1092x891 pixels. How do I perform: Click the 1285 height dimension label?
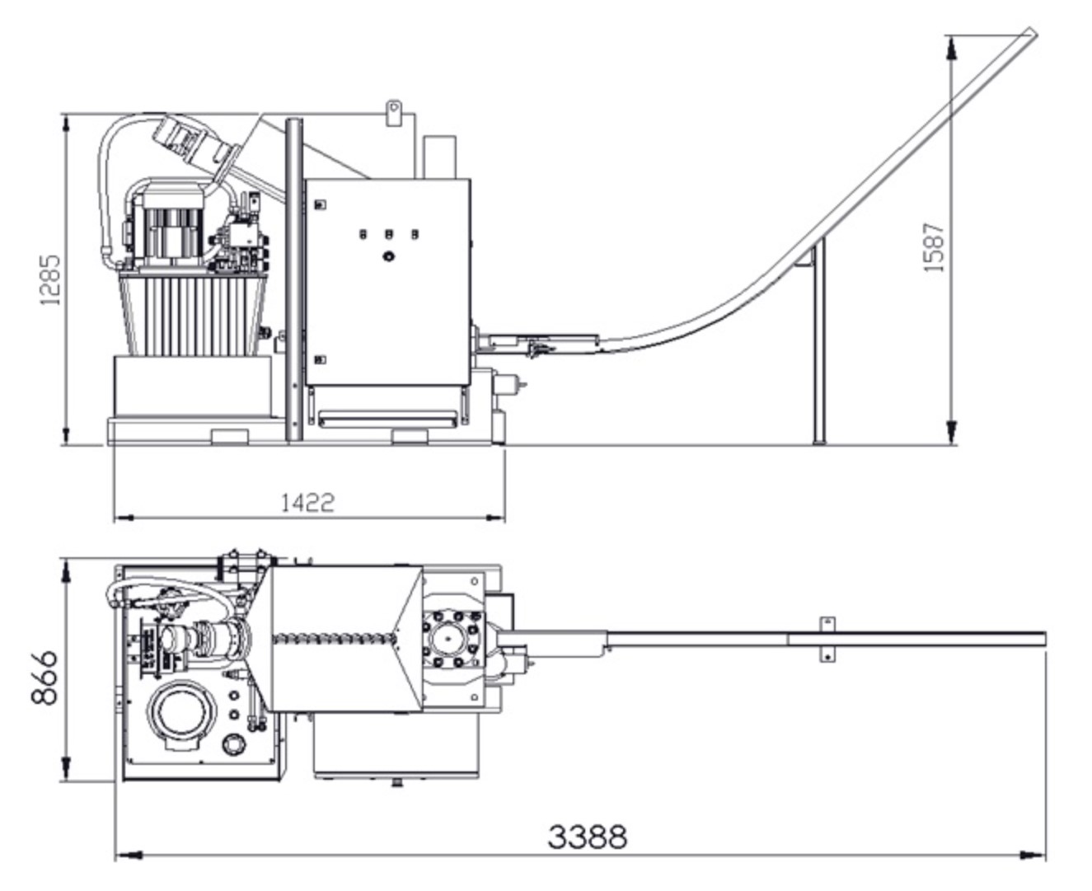tap(50, 280)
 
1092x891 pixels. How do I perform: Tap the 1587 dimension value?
tap(934, 247)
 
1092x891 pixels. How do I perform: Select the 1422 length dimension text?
tap(307, 502)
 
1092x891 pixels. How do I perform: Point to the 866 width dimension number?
tap(44, 678)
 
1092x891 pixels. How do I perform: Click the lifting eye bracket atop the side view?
tap(393, 112)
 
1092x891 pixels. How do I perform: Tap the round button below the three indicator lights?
tap(388, 256)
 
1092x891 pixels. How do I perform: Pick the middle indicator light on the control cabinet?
tap(388, 235)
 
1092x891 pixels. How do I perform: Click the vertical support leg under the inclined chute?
tap(818, 342)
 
